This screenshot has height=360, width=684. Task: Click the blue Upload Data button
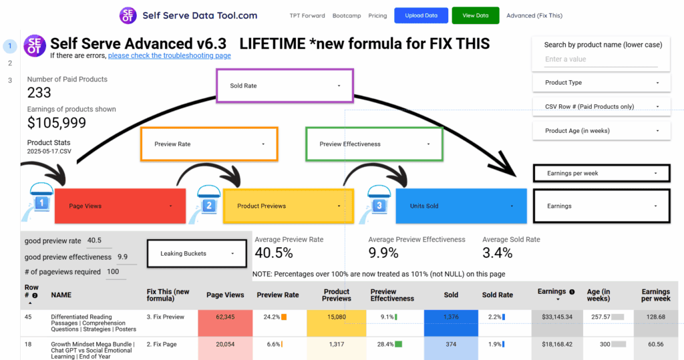tap(421, 15)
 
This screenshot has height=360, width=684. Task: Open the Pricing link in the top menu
tap(377, 16)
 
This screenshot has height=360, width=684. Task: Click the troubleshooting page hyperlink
tap(169, 55)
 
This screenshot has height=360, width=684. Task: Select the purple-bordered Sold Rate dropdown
tap(285, 85)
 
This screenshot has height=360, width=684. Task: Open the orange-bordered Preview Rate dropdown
tap(209, 144)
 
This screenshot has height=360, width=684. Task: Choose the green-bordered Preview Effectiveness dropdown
tap(374, 144)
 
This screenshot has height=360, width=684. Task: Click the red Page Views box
tap(120, 206)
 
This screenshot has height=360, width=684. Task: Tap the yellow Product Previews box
tap(289, 206)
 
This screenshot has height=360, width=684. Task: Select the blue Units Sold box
tap(461, 206)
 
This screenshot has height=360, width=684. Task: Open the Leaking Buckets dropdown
tap(197, 254)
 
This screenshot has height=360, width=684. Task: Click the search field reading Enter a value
tap(601, 59)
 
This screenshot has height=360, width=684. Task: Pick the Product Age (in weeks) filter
tap(602, 131)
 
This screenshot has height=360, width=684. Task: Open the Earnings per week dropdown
tap(602, 173)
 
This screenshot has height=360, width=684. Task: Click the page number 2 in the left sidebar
tap(9, 63)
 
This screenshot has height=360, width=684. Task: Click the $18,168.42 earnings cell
tap(557, 344)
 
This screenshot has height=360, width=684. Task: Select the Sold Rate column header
tap(497, 295)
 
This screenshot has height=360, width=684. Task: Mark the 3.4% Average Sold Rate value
tap(497, 252)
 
